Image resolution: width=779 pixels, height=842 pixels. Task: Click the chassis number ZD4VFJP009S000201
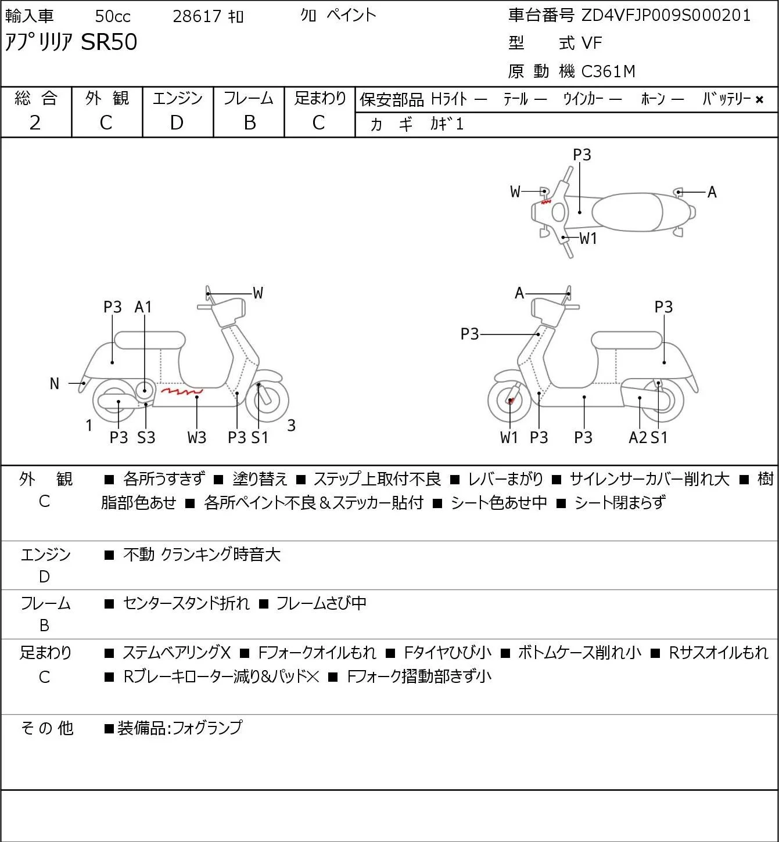[666, 16]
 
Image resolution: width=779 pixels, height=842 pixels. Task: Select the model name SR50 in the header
[109, 42]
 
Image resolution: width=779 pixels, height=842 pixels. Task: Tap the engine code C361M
[608, 71]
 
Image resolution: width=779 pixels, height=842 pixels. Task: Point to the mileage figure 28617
[197, 16]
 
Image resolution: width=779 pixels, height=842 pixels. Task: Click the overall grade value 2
[35, 123]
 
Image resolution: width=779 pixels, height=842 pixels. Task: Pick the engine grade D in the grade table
[177, 123]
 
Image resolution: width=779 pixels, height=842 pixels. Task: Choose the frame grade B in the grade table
[249, 123]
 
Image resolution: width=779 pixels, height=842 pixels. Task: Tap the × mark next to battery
[759, 100]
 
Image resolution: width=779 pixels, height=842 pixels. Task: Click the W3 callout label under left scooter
[197, 437]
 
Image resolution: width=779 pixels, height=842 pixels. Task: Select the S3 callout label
[146, 437]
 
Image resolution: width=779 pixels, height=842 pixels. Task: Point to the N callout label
[54, 384]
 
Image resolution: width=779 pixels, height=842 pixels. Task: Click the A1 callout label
[143, 307]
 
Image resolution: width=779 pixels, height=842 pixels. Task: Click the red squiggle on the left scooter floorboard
[182, 391]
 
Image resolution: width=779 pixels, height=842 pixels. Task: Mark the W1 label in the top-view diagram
[588, 239]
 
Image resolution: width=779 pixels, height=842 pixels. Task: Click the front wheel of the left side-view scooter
[267, 401]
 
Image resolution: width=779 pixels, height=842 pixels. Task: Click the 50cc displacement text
[113, 16]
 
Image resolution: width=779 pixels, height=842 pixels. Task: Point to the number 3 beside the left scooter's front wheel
[291, 425]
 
